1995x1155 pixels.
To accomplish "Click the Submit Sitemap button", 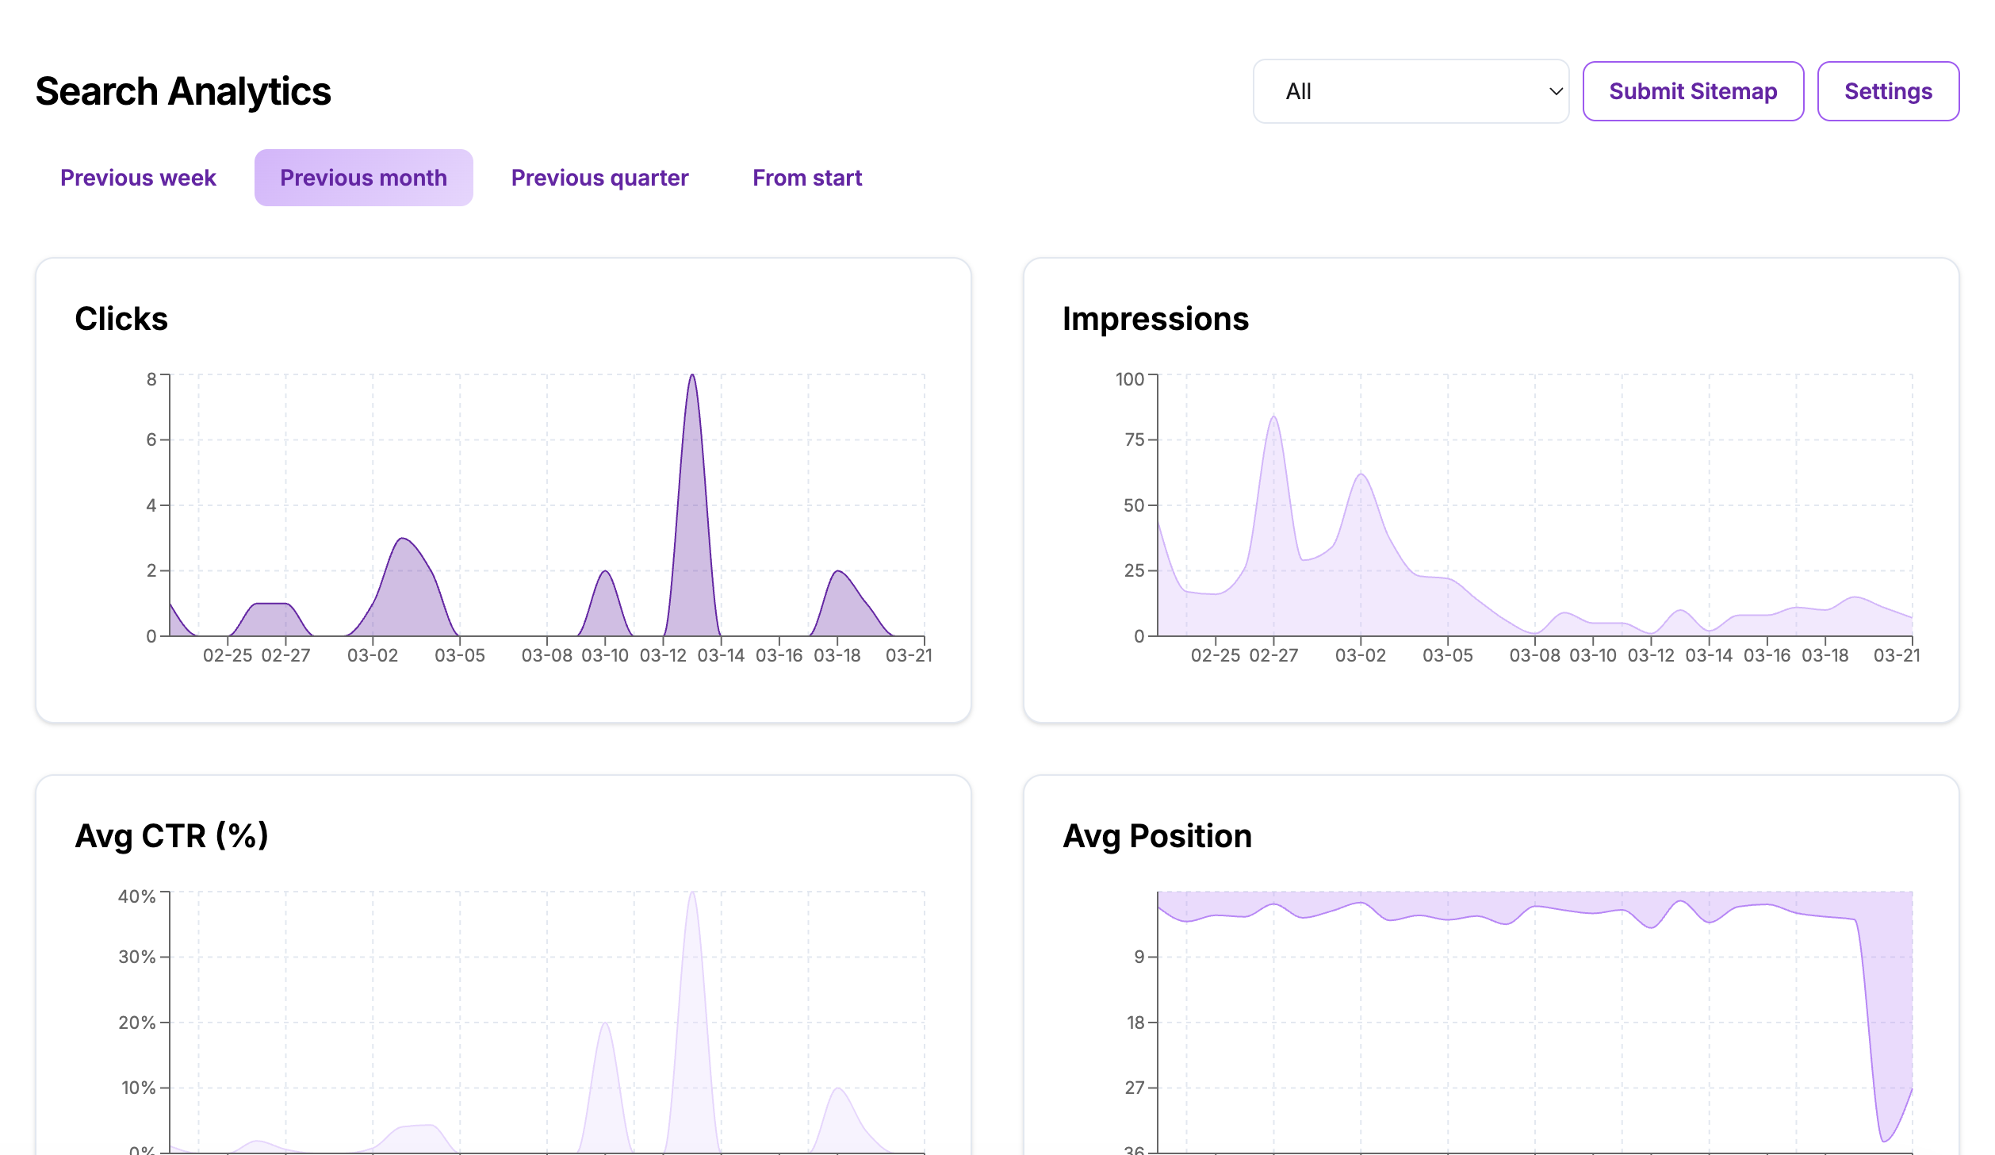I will coord(1692,91).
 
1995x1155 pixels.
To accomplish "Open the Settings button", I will coord(1887,91).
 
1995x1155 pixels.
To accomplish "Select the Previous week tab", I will coord(138,178).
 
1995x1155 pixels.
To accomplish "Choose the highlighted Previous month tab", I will coord(363,178).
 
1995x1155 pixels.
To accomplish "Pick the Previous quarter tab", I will coord(599,178).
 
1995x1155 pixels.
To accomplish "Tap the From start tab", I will coord(806,178).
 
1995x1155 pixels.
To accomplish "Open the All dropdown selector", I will coord(1410,91).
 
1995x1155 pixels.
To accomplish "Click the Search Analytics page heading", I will coord(183,91).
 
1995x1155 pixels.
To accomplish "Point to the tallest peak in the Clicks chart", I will coord(692,376).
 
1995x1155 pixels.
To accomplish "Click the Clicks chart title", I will coord(121,319).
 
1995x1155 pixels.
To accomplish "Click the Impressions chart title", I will coord(1155,319).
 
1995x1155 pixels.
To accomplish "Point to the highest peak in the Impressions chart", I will coord(1273,417).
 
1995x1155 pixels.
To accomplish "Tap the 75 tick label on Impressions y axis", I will coord(1134,439).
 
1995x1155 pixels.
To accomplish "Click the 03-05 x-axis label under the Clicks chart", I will coord(460,655).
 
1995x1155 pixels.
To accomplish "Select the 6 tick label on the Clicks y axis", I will coord(151,439).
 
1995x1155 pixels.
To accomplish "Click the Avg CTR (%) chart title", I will coord(172,836).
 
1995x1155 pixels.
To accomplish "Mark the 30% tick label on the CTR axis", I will coord(137,957).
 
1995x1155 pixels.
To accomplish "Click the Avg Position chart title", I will coord(1157,836).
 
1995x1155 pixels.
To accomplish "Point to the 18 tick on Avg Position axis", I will coord(1135,1023).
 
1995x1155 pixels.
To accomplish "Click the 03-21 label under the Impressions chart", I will coord(1896,655).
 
